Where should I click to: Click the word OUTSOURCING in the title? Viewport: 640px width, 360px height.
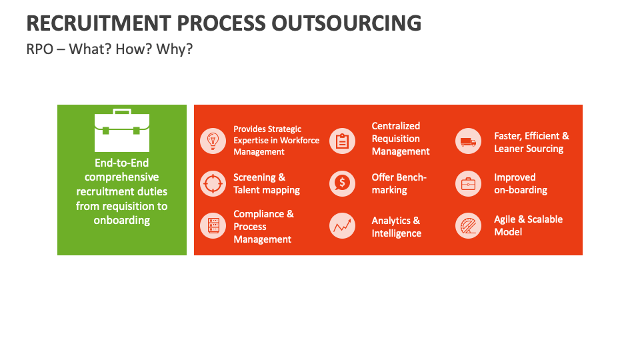[x=346, y=23]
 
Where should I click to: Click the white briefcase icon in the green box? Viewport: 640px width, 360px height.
[x=122, y=131]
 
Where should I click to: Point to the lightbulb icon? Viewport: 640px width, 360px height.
[x=213, y=141]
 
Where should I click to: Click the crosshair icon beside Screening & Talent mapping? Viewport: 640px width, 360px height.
[x=213, y=183]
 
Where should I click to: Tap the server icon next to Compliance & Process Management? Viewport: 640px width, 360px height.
[x=213, y=226]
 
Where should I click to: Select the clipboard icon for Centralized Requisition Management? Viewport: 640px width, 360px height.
[x=342, y=141]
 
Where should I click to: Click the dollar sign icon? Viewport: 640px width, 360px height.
[x=342, y=183]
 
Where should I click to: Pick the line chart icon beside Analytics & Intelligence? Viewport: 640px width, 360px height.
[x=342, y=227]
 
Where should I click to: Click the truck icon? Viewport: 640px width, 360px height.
[x=468, y=141]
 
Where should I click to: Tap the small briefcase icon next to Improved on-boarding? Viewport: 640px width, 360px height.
[x=468, y=183]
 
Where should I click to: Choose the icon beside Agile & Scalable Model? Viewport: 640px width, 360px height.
[x=468, y=226]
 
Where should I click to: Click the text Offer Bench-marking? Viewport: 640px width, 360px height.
[x=399, y=183]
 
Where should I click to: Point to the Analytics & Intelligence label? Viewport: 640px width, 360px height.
[x=396, y=227]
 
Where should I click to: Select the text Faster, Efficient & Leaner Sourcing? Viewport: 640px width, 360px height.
[x=531, y=142]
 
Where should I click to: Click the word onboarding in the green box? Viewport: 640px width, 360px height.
[x=122, y=220]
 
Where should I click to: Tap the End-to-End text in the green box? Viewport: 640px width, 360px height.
[x=122, y=163]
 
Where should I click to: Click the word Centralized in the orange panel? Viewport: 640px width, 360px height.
[x=396, y=126]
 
